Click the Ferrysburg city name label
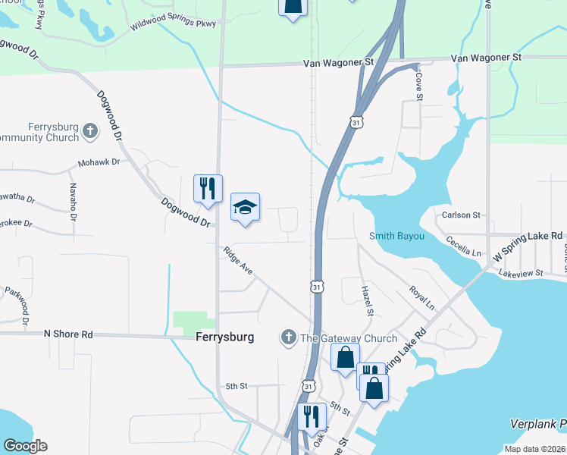pos(224,337)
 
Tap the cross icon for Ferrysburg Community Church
pos(90,130)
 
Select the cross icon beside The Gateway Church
pos(288,337)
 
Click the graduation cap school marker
pos(245,207)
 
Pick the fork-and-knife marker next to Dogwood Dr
pos(208,188)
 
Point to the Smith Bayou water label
pos(396,237)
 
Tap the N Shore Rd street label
pos(68,334)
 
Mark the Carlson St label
pos(461,215)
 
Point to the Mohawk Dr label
pos(99,162)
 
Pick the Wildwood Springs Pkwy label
pos(173,24)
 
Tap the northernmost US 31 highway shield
pos(356,121)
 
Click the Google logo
pos(25,446)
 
